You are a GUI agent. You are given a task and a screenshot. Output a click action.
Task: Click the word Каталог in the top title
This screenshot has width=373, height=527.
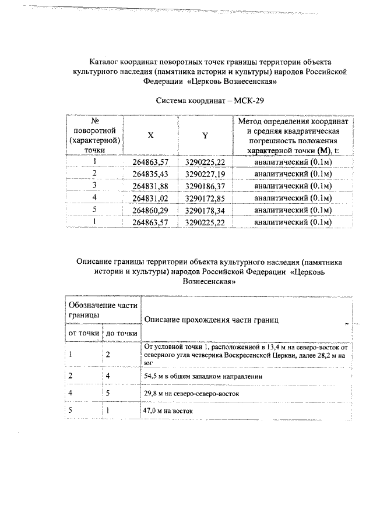tap(104, 61)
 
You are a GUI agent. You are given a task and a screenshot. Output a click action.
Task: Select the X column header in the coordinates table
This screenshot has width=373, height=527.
tap(150, 135)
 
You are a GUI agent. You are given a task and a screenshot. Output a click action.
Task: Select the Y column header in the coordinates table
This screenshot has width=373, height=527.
tap(205, 135)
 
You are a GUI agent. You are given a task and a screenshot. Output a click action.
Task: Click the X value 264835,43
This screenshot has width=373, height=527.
tap(150, 174)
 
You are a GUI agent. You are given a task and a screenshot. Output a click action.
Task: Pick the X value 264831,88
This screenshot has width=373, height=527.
tap(150, 186)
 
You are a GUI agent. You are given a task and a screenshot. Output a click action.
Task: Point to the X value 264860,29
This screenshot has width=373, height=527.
tap(150, 210)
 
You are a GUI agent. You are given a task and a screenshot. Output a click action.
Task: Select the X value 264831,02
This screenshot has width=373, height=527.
tap(150, 198)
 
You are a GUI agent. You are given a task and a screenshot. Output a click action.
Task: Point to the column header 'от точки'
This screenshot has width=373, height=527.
tap(85, 333)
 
